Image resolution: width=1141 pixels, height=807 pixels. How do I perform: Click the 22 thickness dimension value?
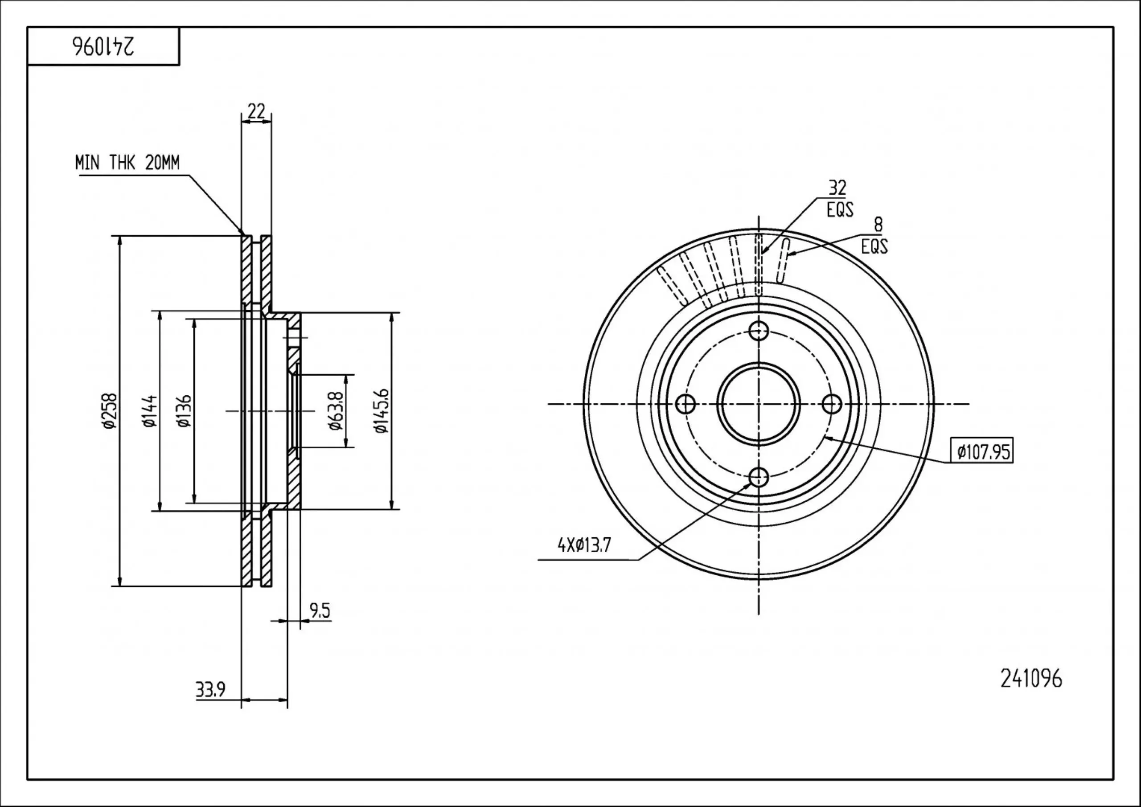(256, 111)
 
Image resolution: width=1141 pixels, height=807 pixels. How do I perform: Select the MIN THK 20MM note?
(127, 163)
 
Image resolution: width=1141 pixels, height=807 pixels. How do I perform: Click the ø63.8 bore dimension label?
(336, 410)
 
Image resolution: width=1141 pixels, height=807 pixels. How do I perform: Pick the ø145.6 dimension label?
(381, 411)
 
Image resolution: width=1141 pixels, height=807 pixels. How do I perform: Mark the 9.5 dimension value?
(320, 611)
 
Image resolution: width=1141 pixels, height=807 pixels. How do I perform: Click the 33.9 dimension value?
(211, 690)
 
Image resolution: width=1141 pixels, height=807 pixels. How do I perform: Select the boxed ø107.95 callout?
(981, 452)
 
